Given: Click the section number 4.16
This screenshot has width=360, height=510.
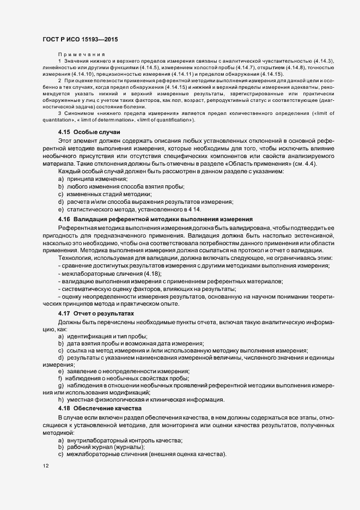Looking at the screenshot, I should [64, 218].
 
